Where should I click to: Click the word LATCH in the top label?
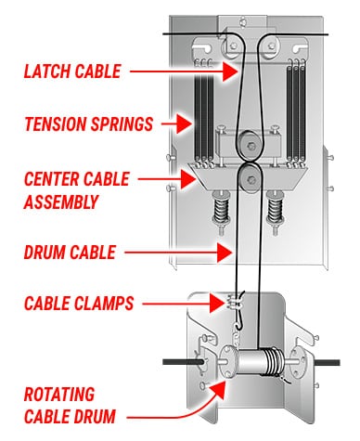(47, 71)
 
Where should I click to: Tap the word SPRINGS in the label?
(122, 124)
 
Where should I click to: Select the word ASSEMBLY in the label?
(60, 202)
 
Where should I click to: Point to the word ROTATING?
(59, 395)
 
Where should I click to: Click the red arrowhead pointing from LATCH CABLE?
(230, 71)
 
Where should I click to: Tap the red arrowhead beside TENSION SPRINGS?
(185, 124)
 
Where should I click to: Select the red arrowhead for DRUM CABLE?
(225, 253)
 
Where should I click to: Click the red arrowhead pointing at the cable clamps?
(217, 304)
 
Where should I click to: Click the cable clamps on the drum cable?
(235, 302)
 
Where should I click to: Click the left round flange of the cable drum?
(227, 362)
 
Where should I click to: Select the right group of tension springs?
(296, 111)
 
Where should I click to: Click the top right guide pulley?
(271, 46)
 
